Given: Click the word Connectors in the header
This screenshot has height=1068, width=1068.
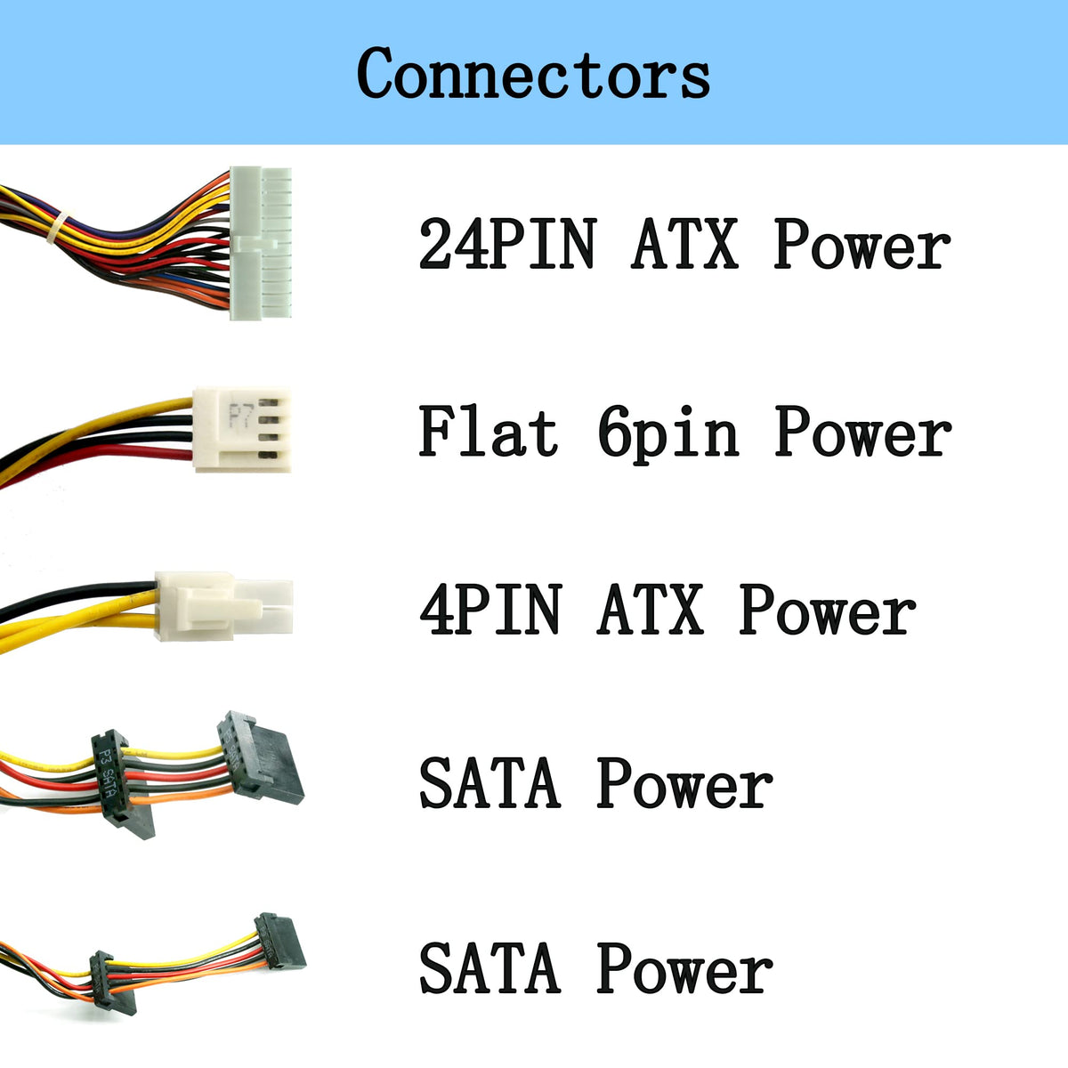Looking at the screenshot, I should (533, 73).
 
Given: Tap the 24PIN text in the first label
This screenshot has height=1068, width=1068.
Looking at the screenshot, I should (507, 244).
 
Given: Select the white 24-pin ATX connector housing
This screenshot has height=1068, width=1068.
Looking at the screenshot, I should (261, 242).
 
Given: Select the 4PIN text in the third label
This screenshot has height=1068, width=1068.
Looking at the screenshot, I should (490, 611).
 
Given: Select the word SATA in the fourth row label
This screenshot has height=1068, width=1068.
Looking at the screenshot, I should (489, 783).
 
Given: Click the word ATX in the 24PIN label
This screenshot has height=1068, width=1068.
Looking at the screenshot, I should (684, 244).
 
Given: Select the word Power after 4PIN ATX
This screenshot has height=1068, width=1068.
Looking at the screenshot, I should (827, 611).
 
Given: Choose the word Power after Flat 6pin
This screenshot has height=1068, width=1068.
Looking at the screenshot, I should (862, 433).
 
